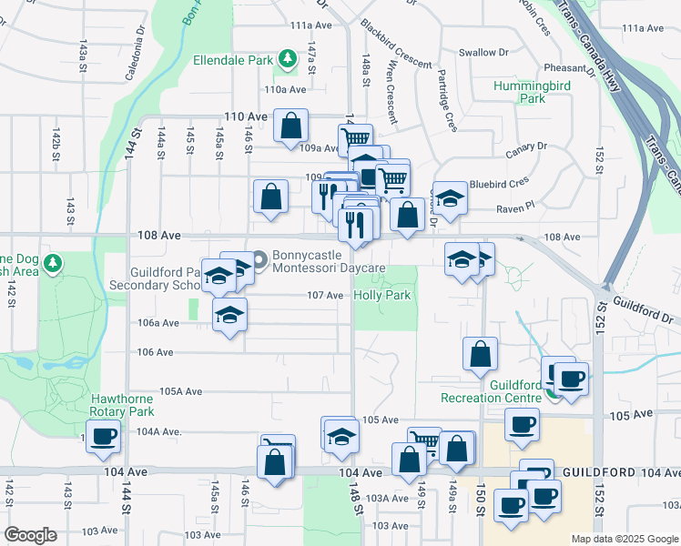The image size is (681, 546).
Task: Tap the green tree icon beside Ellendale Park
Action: point(288,60)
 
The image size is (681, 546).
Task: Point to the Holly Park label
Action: point(382,295)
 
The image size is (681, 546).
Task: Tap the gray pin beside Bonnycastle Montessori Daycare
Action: point(259,260)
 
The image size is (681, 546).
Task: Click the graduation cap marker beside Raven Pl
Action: point(449,197)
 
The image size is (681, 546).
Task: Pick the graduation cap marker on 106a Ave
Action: point(230,316)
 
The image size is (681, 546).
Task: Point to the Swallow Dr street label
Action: point(483,53)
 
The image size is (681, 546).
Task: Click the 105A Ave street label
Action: point(179,391)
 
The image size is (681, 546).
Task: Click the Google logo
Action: point(30,535)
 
